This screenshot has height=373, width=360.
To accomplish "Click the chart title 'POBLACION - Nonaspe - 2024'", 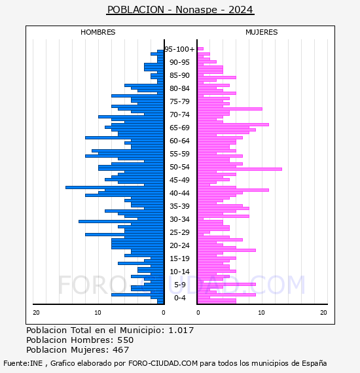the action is pyautogui.click(x=180, y=10).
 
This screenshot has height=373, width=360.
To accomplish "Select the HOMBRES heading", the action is pyautogui.click(x=98, y=32).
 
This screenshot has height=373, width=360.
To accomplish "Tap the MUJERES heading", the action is pyautogui.click(x=262, y=32).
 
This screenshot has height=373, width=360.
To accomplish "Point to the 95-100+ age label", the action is pyautogui.click(x=179, y=49).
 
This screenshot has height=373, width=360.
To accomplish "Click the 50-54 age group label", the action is pyautogui.click(x=179, y=167).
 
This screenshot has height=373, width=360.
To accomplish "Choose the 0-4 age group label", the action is pyautogui.click(x=179, y=298).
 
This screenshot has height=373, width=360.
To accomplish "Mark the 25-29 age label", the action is pyautogui.click(x=179, y=232).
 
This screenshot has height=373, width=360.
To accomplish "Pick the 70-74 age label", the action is pyautogui.click(x=179, y=115).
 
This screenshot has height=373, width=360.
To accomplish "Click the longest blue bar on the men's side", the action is pyautogui.click(x=115, y=187).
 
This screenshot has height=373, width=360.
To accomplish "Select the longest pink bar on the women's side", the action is pyautogui.click(x=240, y=169).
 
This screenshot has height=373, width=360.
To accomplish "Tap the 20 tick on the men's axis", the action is pyautogui.click(x=36, y=313).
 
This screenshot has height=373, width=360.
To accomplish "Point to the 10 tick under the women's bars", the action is pyautogui.click(x=261, y=313).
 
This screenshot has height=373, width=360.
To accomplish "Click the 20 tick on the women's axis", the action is pyautogui.click(x=323, y=313).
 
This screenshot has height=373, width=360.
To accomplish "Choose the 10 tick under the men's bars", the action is pyautogui.click(x=98, y=313).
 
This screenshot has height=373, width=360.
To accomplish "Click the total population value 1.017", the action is pyautogui.click(x=181, y=330).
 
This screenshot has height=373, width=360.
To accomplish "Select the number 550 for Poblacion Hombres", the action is pyautogui.click(x=126, y=340).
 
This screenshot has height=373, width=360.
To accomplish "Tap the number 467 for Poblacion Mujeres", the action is pyautogui.click(x=121, y=350).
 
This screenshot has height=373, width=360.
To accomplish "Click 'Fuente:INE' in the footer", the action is pyautogui.click(x=23, y=363).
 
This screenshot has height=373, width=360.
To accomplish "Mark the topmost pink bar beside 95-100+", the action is pyautogui.click(x=200, y=49).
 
